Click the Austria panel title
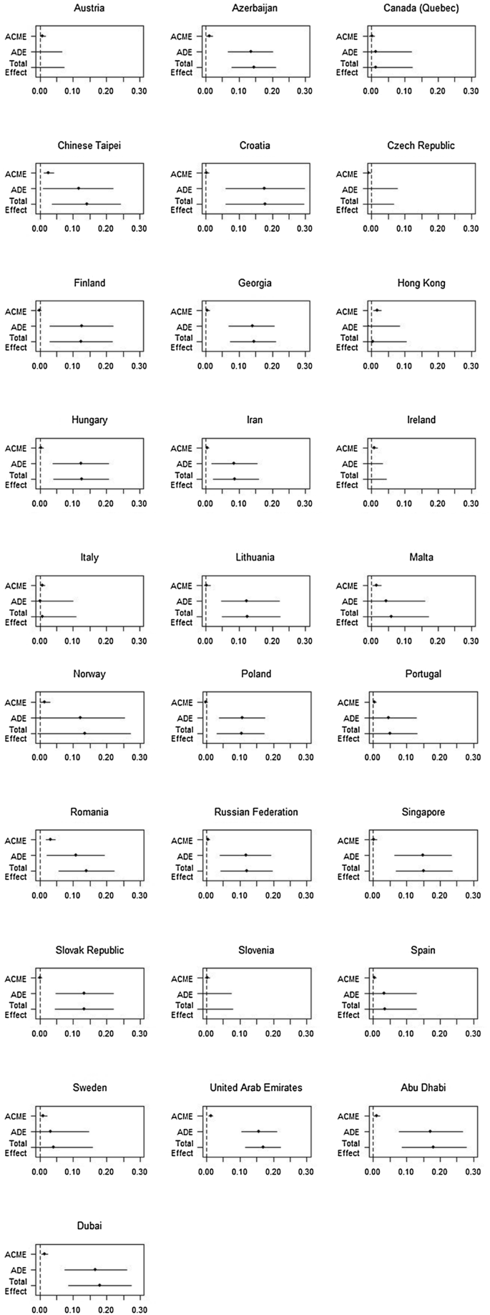coord(89,8)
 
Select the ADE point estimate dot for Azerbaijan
coord(250,52)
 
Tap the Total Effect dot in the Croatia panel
coord(265,204)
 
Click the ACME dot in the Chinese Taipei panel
coord(48,173)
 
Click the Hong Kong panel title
coord(421,283)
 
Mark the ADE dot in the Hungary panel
coord(81,463)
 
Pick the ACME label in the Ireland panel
coord(347,449)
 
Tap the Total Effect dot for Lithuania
coord(247,616)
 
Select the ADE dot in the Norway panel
coord(80,717)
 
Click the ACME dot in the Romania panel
coord(51,840)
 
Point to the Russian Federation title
coord(256,812)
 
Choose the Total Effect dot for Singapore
coord(423,870)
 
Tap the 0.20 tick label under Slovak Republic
coord(107,1033)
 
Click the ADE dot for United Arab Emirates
coord(258,1131)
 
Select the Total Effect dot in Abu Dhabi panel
coord(433,1147)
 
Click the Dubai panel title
coord(89,1226)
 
